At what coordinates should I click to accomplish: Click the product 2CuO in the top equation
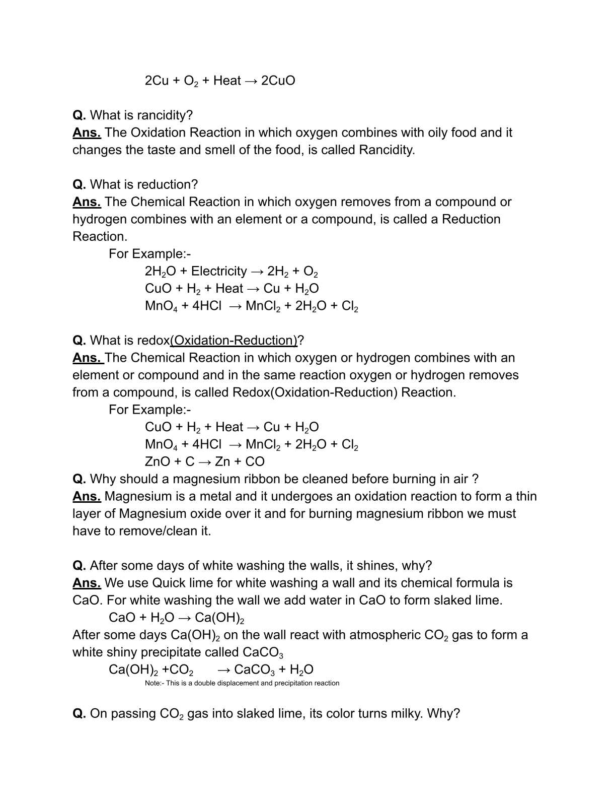click(278, 81)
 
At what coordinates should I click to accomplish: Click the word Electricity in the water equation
click(219, 272)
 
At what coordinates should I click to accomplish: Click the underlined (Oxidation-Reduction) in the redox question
click(234, 341)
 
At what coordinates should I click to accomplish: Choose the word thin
click(526, 497)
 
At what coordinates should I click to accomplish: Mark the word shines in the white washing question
click(378, 566)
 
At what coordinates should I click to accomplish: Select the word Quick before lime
click(170, 583)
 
